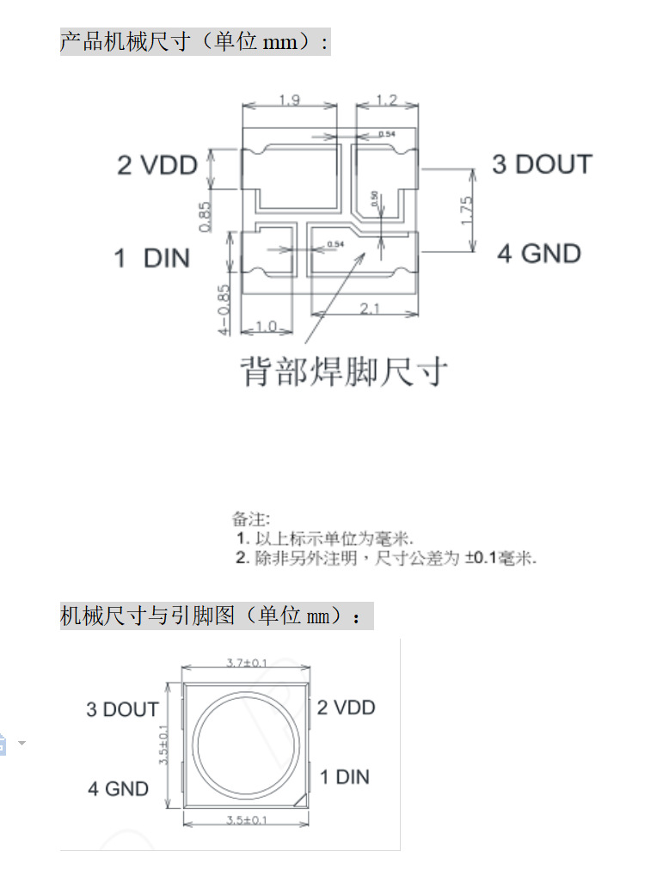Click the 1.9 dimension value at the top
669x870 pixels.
290,101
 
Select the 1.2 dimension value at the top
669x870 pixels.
386,101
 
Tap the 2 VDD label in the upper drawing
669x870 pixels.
157,165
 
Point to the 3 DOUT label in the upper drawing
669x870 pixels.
542,164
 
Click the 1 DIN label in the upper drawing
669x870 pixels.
151,257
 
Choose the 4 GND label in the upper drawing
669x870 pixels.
539,254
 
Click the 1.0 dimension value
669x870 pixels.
267,328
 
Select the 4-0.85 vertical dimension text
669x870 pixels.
224,309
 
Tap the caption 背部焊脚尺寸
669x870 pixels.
343,372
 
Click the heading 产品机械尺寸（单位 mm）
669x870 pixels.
193,41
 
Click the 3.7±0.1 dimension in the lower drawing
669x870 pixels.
247,662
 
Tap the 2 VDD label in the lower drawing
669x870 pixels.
346,708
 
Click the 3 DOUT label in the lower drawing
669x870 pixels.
122,709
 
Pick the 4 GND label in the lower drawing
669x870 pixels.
118,788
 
